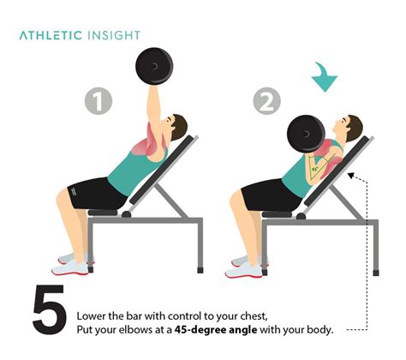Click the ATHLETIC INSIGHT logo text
point(79,35)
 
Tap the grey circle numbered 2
point(267,102)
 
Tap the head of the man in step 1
point(177,127)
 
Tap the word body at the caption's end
point(317,328)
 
